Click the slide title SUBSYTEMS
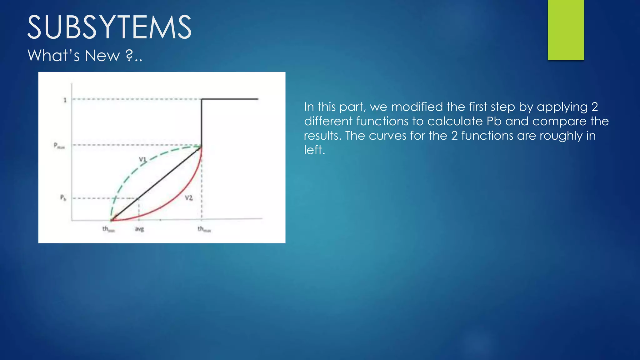[x=109, y=27]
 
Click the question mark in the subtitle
[x=129, y=56]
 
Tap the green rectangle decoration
[x=566, y=30]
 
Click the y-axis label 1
[x=65, y=100]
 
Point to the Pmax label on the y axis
[x=59, y=146]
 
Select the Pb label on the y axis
[x=63, y=198]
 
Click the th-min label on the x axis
[x=108, y=229]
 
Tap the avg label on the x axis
[x=139, y=229]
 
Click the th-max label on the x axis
[x=204, y=229]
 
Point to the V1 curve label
[x=142, y=159]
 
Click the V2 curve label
[x=188, y=198]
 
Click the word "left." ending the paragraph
[x=314, y=150]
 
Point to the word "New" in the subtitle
[x=102, y=56]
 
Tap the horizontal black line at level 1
[x=230, y=99]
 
